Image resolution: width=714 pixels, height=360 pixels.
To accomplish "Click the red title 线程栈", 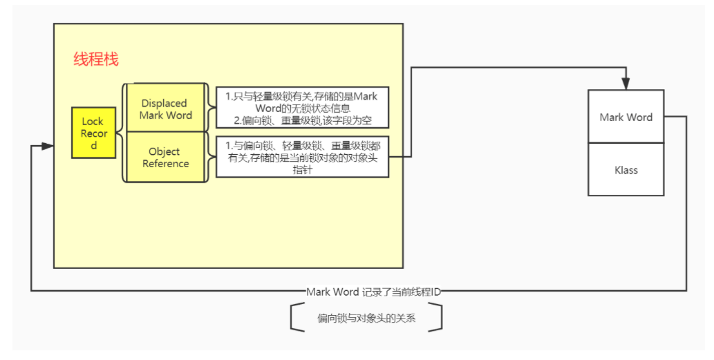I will [96, 59].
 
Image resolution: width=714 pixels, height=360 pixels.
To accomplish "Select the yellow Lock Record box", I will [93, 133].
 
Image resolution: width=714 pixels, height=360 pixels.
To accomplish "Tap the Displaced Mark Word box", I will [165, 108].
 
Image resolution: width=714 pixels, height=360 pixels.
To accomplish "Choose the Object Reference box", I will [165, 158].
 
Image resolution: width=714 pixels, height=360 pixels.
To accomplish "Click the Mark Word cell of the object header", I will [626, 117].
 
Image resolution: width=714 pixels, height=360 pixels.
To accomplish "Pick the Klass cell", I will [626, 170].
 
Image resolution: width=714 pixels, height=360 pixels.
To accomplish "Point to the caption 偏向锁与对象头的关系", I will [366, 319].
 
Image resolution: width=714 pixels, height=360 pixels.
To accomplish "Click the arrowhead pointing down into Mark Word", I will [626, 84].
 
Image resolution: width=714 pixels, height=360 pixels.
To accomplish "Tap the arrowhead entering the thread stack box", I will [48, 146].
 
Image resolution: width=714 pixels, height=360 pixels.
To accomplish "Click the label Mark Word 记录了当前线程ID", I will [373, 292].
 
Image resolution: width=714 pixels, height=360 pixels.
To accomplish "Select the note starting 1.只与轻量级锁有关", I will [302, 108].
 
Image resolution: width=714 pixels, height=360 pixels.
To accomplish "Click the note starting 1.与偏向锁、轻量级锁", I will [302, 157].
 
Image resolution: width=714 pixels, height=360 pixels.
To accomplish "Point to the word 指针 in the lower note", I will [303, 170].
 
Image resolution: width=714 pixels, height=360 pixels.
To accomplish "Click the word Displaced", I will [165, 103].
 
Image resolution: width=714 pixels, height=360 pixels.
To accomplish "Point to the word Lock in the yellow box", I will [93, 122].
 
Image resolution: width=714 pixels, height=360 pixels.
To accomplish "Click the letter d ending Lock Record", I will [94, 146].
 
